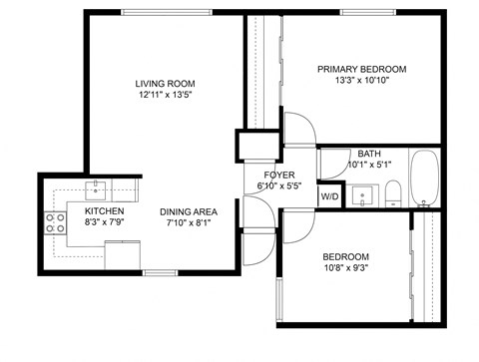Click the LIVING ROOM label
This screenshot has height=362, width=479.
tap(165, 83)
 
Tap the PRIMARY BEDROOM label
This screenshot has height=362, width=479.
tap(361, 69)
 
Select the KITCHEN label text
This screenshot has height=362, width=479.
tap(104, 211)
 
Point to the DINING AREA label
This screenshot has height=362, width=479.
tap(189, 211)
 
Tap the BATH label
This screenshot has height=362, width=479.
tap(369, 154)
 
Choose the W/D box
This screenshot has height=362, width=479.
tap(329, 196)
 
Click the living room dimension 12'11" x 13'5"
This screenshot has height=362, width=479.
tap(165, 96)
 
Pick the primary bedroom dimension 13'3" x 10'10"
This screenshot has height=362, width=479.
tap(361, 81)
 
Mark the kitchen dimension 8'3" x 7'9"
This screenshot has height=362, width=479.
tap(104, 223)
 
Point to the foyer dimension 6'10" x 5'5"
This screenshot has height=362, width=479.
tap(278, 185)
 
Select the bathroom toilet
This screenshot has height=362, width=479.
tap(394, 191)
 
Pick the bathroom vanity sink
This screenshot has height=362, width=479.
tap(366, 192)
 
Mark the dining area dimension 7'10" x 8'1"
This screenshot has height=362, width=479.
tap(189, 223)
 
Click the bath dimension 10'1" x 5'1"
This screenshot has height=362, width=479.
tap(369, 166)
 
